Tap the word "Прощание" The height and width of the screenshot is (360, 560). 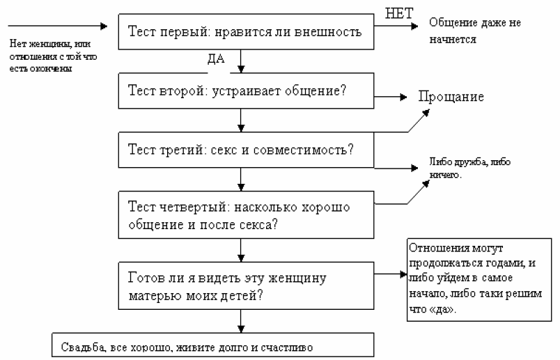point(451,97)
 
